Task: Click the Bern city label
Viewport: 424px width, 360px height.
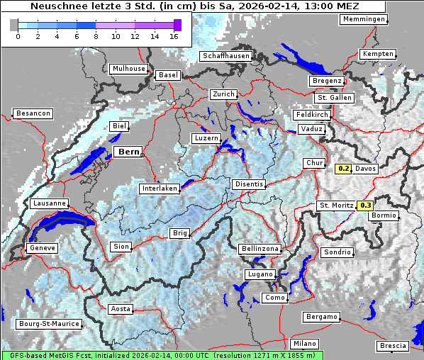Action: (128, 152)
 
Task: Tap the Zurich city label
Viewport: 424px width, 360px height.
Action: (223, 94)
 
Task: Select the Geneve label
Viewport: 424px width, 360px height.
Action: (42, 249)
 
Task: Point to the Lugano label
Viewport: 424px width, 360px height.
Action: (260, 274)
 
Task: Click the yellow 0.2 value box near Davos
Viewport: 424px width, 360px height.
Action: (344, 169)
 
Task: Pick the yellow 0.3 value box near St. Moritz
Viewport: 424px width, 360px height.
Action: (366, 206)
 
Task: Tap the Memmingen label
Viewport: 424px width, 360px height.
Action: (364, 19)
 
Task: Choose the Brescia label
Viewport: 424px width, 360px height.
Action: (393, 346)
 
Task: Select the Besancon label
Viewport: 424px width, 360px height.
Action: (33, 113)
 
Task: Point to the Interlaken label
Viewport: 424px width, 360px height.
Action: (159, 189)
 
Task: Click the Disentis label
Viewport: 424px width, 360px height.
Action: (249, 184)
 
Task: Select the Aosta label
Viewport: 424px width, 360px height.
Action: (121, 309)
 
